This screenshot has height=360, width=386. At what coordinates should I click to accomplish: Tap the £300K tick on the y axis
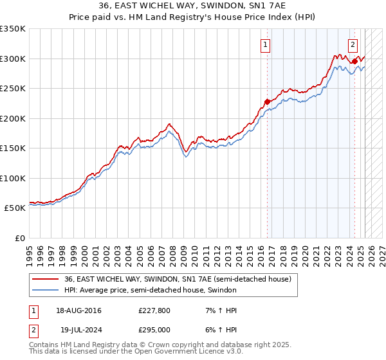click(13, 59)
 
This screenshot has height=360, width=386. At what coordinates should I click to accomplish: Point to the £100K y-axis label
click(13, 178)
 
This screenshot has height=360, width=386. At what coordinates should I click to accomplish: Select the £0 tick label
click(19, 238)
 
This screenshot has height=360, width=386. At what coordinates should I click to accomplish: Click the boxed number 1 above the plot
click(266, 44)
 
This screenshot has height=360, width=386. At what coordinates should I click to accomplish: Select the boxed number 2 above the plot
click(353, 44)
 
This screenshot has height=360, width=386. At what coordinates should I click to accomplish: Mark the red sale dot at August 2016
click(267, 101)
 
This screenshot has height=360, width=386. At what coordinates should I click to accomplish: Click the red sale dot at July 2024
click(354, 61)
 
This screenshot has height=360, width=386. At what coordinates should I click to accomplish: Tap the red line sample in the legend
click(46, 279)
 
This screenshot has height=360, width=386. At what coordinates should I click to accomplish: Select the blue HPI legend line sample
click(46, 290)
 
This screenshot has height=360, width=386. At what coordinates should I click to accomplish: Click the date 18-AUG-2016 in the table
click(78, 310)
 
